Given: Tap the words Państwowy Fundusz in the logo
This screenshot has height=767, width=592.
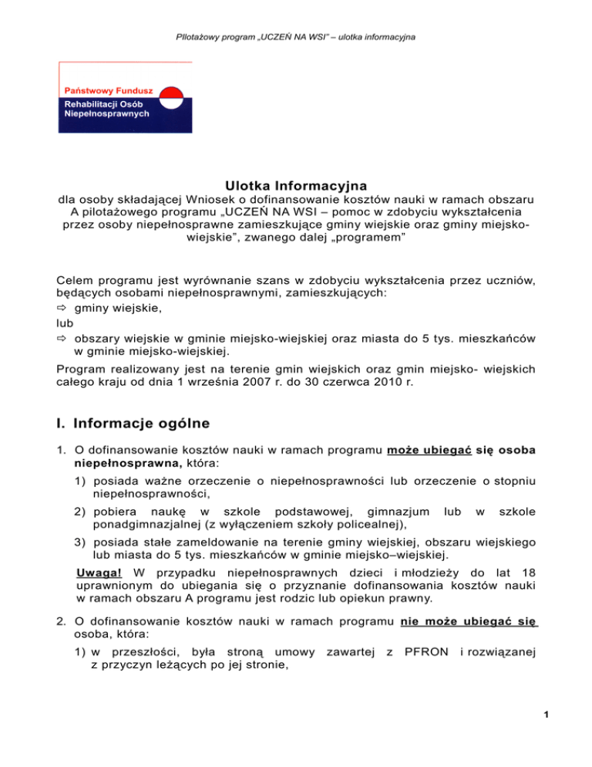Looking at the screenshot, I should [103, 90].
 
